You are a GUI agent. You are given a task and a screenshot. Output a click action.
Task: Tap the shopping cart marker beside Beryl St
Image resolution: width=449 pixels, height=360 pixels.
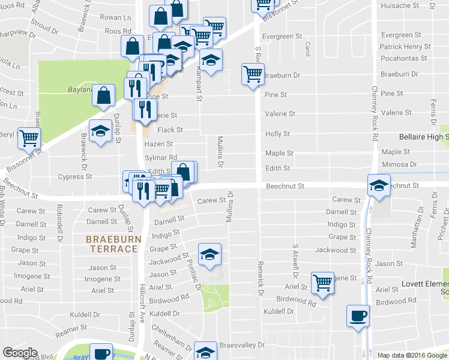click(x=29, y=138)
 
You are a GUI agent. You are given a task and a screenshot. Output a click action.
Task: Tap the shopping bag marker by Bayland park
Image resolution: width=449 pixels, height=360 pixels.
click(x=104, y=96)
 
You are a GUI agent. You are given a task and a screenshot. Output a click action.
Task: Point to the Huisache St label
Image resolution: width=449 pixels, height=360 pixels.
click(x=400, y=5)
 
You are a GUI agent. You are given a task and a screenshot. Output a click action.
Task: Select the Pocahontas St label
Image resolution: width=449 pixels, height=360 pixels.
click(x=403, y=58)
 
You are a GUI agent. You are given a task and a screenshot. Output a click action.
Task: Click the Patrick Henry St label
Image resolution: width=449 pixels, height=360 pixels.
click(x=405, y=47)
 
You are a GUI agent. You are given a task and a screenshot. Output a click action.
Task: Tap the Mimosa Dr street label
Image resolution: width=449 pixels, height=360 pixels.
click(x=399, y=164)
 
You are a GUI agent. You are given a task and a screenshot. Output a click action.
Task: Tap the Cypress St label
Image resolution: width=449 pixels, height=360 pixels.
click(x=74, y=177)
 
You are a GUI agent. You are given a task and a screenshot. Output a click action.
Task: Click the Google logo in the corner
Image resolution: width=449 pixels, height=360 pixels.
click(x=20, y=353)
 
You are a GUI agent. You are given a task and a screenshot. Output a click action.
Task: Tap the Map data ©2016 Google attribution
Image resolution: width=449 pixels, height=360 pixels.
click(x=412, y=355)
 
